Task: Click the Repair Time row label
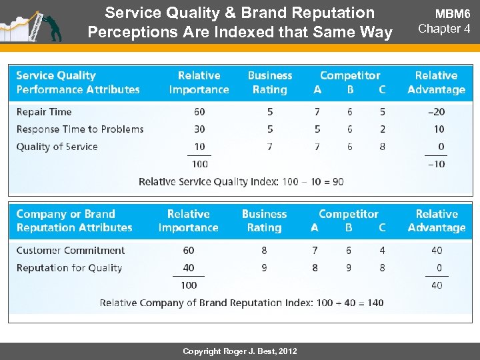44,112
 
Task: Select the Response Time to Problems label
80,129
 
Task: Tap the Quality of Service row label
57,147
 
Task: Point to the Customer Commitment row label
71,251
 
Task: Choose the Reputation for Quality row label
69,268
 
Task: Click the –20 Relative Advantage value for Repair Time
435,112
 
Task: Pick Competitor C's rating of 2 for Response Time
382,129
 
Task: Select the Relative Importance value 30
199,129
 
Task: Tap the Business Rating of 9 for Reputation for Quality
264,268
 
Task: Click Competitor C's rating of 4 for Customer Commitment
382,251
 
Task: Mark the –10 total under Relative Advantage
435,164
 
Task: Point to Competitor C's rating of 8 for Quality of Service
382,147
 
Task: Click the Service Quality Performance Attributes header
78,83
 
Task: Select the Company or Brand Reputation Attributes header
74,221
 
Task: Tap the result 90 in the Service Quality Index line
337,181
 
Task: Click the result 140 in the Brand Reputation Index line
375,303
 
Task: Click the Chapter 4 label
444,29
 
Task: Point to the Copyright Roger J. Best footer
240,351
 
